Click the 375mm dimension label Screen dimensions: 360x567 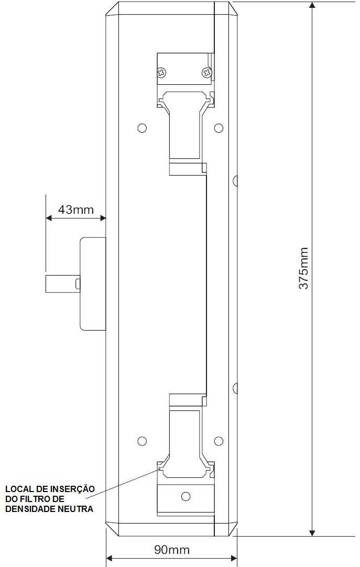pyautogui.click(x=303, y=268)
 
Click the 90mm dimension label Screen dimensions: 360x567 pyautogui.click(x=172, y=550)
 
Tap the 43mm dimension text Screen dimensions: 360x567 pyautogui.click(x=76, y=210)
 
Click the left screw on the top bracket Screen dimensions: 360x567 pyautogui.click(x=161, y=72)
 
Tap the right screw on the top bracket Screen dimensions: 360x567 pyautogui.click(x=207, y=72)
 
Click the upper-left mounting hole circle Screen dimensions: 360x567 pyautogui.click(x=143, y=128)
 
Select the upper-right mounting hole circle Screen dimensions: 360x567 pyautogui.click(x=219, y=128)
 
